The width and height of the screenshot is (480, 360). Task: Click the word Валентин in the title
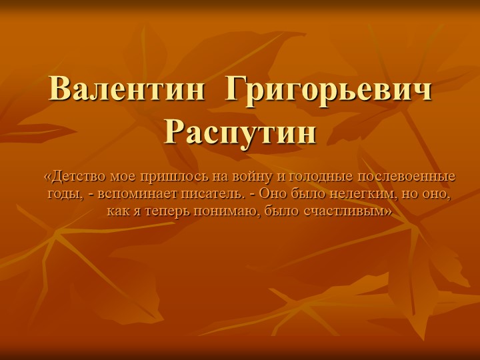click(127, 89)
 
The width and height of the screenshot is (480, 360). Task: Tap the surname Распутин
click(240, 131)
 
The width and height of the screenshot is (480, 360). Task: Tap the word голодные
click(311, 177)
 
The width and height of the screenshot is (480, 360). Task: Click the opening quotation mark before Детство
click(47, 177)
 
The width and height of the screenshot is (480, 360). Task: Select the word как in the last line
click(117, 211)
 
